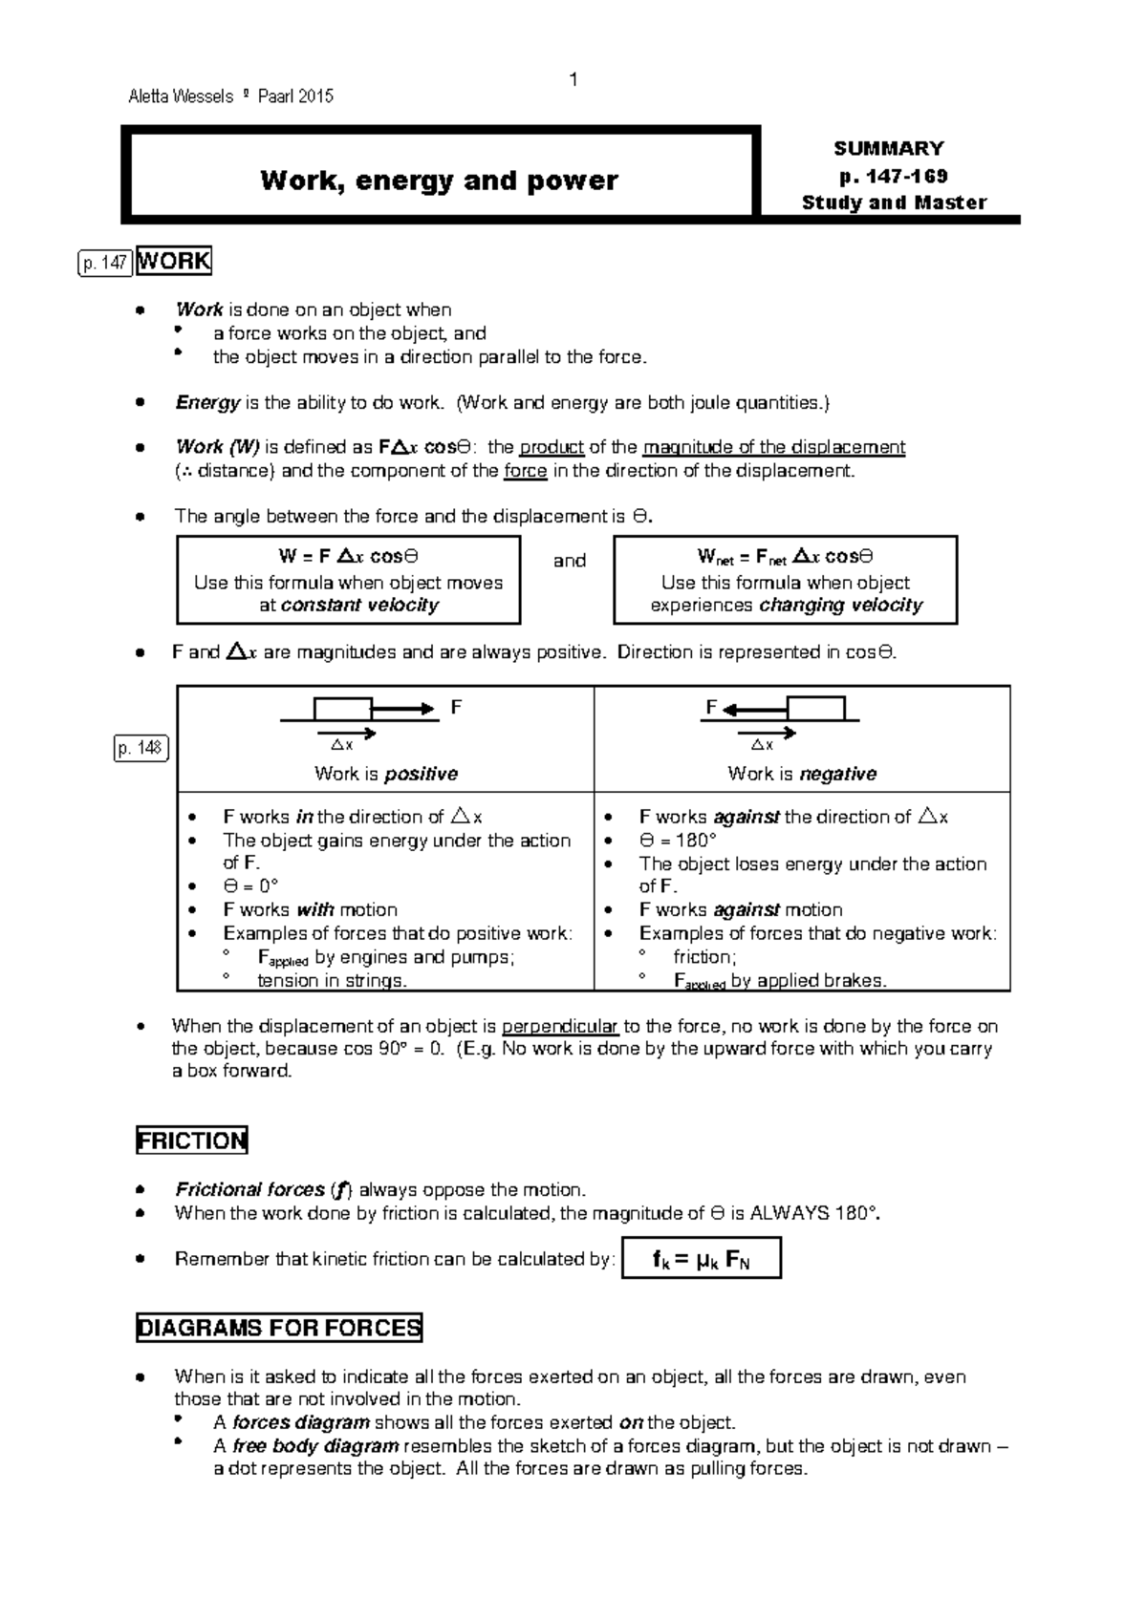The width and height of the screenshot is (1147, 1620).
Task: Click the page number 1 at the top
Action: [x=573, y=79]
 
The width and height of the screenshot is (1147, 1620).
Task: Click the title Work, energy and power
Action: [x=439, y=180]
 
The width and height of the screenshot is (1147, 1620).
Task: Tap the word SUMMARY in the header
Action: [x=888, y=148]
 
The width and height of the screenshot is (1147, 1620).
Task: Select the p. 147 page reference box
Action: [x=104, y=264]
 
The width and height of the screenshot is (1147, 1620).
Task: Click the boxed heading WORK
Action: [x=173, y=261]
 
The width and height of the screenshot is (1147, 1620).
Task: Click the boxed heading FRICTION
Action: [x=192, y=1140]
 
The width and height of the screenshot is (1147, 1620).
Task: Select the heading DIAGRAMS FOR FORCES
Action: [x=279, y=1328]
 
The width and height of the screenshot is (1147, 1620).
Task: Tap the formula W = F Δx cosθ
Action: [x=348, y=557]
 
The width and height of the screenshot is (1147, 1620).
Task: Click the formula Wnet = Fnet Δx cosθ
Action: [x=785, y=557]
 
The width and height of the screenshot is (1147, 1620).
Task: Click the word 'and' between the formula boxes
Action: [x=570, y=561]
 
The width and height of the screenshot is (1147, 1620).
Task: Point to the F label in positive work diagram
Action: [x=456, y=707]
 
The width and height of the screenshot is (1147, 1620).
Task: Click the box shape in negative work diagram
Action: [x=815, y=709]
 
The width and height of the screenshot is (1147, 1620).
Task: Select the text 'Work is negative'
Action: [x=802, y=774]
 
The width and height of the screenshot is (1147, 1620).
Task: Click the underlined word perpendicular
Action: [x=560, y=1027]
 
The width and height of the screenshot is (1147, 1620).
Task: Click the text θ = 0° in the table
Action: [x=250, y=886]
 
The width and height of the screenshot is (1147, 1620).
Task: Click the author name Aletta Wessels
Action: [x=181, y=96]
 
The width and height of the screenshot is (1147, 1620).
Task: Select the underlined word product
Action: [x=552, y=447]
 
